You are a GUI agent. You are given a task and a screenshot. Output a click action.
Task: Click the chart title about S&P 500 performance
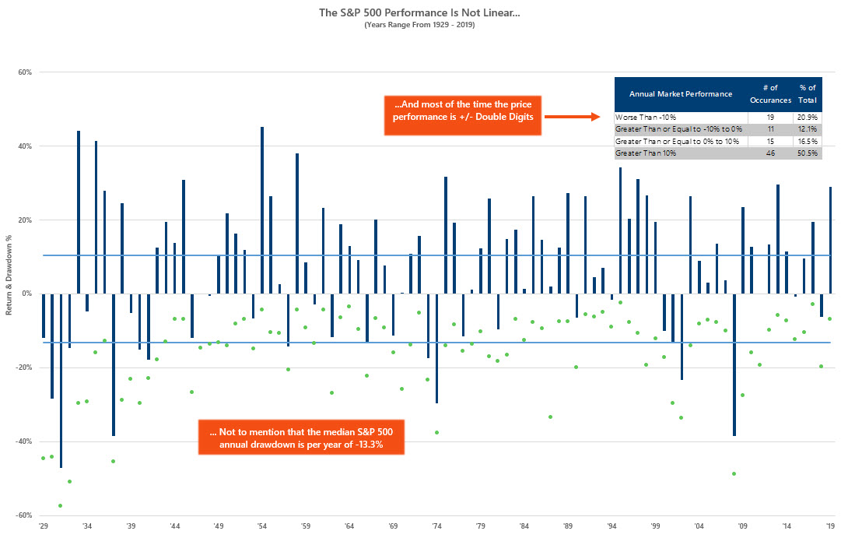420,13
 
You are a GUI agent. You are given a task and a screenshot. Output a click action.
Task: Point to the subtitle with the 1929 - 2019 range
420,25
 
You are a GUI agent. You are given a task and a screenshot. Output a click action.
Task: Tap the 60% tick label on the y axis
23,72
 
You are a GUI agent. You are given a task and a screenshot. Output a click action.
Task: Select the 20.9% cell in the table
806,116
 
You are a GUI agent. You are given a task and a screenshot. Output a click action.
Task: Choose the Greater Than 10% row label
646,153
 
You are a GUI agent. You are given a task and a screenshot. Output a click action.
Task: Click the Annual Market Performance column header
681,93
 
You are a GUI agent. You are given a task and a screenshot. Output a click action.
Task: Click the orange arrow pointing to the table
573,118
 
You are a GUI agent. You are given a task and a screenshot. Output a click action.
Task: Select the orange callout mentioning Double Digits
462,117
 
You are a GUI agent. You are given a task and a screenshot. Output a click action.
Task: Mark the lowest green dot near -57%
61,505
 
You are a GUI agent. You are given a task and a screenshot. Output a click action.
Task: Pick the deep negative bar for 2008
734,364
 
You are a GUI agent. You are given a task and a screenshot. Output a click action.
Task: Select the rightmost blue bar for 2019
831,240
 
